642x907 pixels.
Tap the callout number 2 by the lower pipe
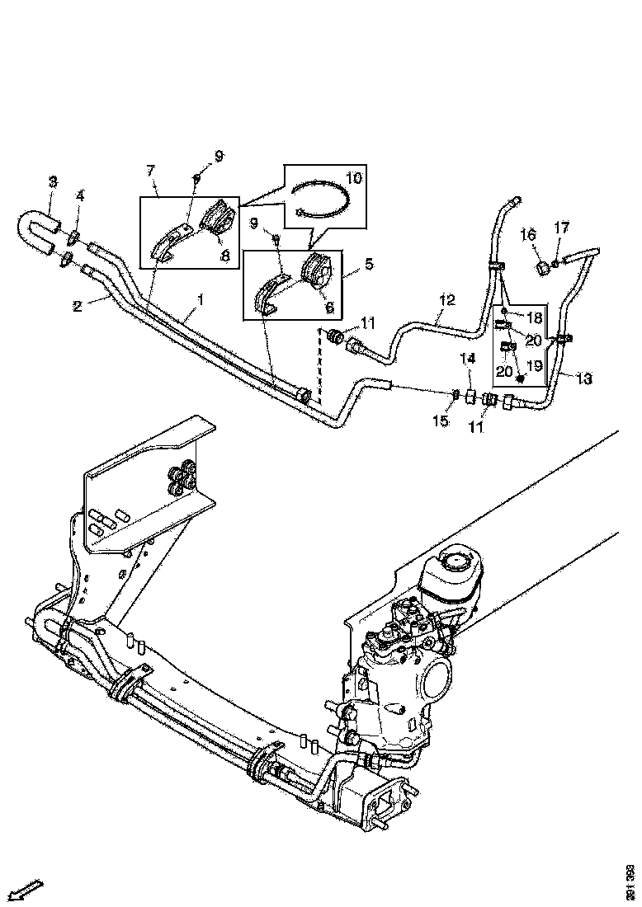[x=77, y=305]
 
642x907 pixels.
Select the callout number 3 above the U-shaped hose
[x=53, y=181]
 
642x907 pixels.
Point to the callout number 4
[x=80, y=195]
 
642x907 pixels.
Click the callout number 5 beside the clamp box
[x=368, y=264]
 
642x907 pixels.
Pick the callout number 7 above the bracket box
[x=150, y=171]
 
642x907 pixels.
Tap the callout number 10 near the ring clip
[x=353, y=177]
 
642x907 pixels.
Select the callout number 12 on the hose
[x=446, y=300]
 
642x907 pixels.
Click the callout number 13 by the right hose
[x=584, y=378]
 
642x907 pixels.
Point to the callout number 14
[x=468, y=358]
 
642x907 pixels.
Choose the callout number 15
[x=441, y=421]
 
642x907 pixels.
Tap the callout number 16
[x=528, y=235]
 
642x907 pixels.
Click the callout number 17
[x=561, y=227]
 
